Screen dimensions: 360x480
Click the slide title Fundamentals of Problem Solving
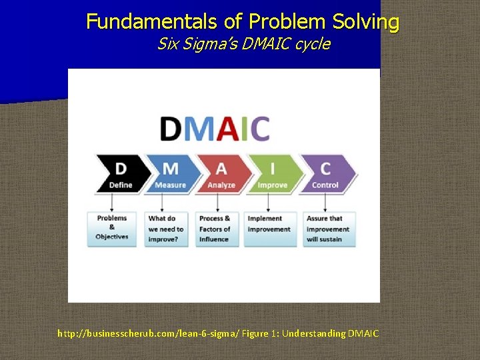(x=243, y=22)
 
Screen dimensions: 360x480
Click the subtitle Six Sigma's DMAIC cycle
(x=243, y=45)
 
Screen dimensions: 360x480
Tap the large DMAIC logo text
(x=215, y=129)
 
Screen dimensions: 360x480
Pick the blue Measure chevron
(x=171, y=175)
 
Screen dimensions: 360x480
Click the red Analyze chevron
(x=221, y=175)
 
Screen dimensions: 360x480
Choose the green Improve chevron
(x=272, y=175)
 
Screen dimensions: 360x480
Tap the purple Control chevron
(x=325, y=175)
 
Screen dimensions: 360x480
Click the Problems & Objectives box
(x=112, y=228)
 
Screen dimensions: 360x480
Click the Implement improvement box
(x=269, y=228)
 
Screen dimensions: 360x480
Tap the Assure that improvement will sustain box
(x=328, y=228)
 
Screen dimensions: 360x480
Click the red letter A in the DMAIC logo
(x=227, y=129)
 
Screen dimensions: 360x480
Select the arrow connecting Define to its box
(x=112, y=202)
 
